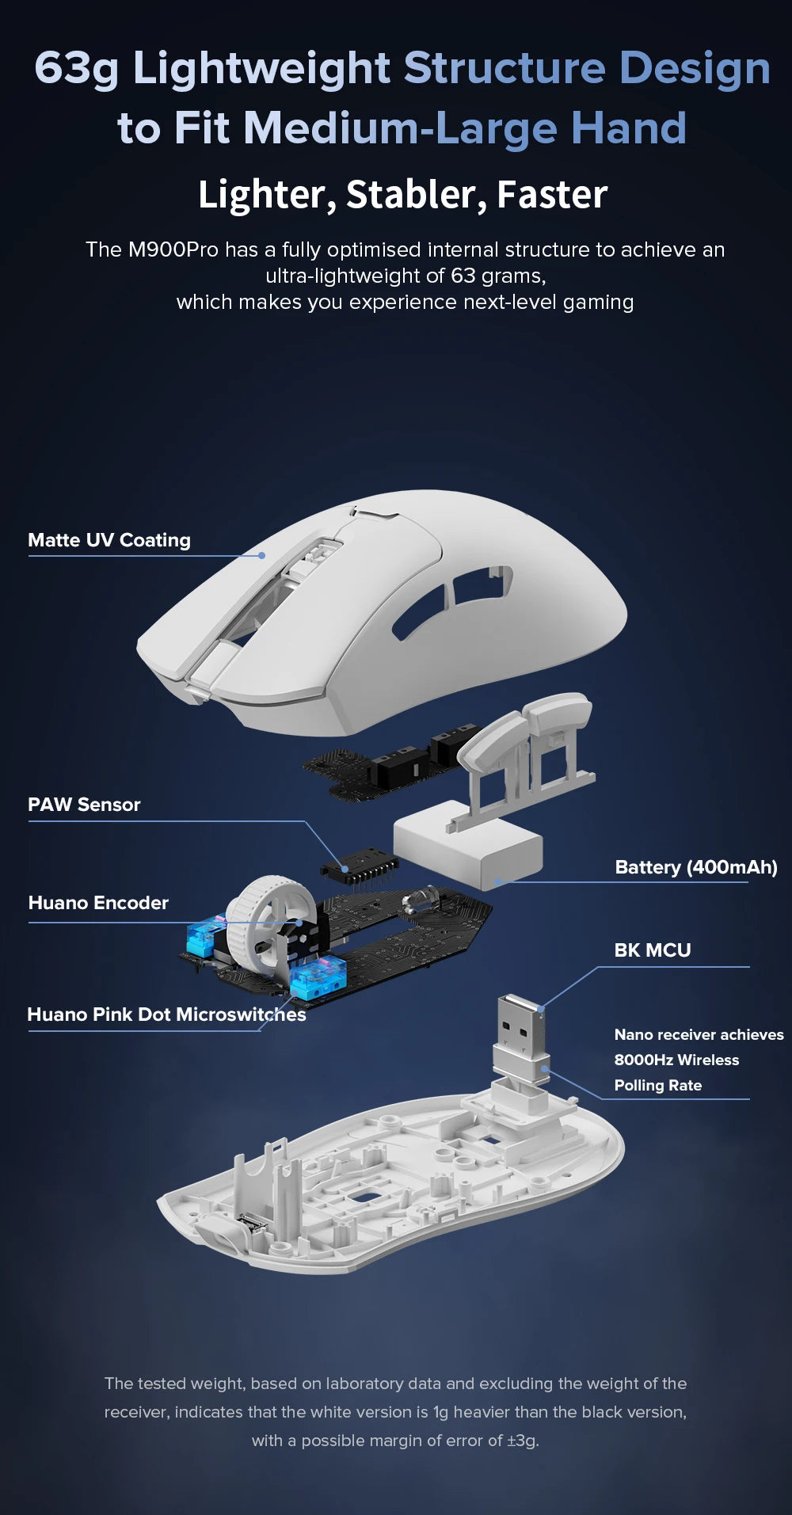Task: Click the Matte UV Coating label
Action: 109,540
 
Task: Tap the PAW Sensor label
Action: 84,805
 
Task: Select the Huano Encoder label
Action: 98,903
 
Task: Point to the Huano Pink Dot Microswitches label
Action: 166,1014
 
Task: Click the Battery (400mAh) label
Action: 696,867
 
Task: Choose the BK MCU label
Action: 653,950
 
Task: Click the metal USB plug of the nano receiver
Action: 520,1022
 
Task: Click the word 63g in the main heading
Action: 76,68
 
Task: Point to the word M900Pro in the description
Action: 173,250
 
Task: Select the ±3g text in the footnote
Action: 523,1441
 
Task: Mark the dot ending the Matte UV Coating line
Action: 262,556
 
